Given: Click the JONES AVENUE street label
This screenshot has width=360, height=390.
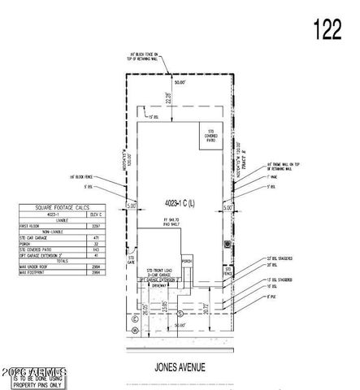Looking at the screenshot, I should (180, 365).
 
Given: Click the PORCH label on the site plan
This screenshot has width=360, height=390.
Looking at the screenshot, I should (186, 261).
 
